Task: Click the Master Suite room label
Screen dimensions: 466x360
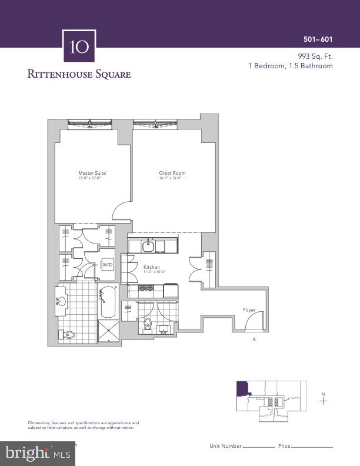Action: [x=92, y=173]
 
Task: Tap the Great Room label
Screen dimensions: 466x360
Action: [x=172, y=173]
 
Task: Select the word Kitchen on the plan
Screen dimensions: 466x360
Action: [x=152, y=267]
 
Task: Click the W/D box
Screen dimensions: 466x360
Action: [x=108, y=265]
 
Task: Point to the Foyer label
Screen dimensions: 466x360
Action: [x=249, y=310]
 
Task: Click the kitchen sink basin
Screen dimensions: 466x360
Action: [x=148, y=245]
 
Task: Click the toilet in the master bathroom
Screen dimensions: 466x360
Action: [x=68, y=334]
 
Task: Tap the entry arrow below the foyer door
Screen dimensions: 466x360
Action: [x=254, y=339]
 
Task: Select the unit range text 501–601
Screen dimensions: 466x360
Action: [x=318, y=39]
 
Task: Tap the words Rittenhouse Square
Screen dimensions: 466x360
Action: [x=79, y=74]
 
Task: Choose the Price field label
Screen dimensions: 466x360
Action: [x=285, y=447]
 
